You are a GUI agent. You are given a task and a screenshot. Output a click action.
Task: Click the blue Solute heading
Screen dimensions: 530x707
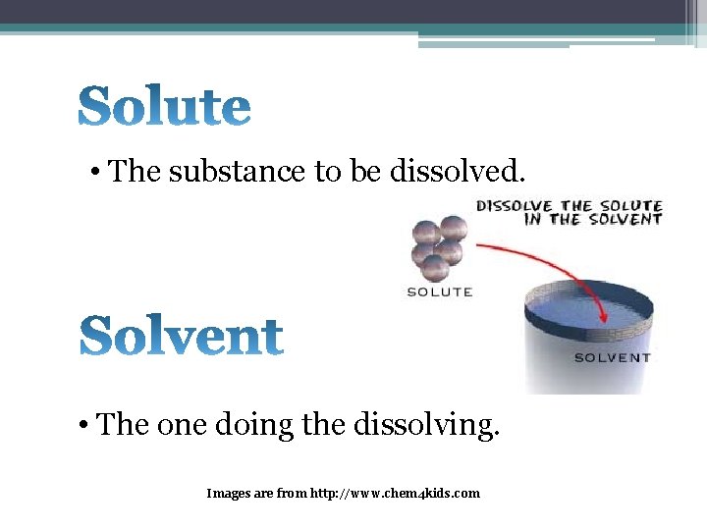pyautogui.click(x=164, y=106)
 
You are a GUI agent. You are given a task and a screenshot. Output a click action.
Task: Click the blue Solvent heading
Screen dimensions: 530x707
pyautogui.click(x=181, y=337)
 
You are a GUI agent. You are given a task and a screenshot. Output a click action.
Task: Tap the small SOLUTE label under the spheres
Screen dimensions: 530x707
pyautogui.click(x=439, y=291)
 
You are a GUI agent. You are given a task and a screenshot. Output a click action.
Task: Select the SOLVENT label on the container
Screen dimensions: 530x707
pyautogui.click(x=612, y=357)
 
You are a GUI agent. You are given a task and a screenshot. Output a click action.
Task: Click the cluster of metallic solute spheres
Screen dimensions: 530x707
pyautogui.click(x=437, y=246)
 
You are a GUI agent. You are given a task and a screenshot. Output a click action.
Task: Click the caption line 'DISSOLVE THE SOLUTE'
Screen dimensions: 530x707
pyautogui.click(x=570, y=206)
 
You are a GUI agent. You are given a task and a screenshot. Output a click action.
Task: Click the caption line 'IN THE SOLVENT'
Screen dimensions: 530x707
pyautogui.click(x=592, y=220)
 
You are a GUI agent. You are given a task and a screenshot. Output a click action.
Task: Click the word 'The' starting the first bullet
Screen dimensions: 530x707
pyautogui.click(x=136, y=172)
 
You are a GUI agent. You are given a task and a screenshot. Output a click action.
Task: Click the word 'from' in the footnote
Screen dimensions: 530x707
pyautogui.click(x=291, y=493)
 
